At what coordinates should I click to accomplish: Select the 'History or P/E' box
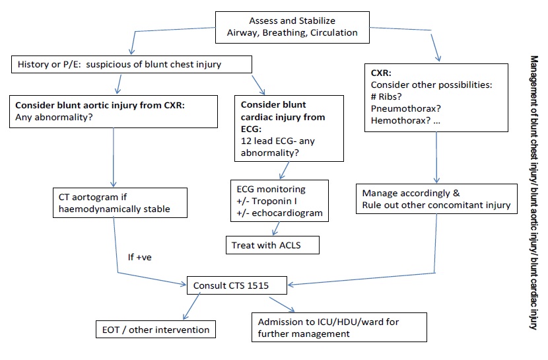coord(131,65)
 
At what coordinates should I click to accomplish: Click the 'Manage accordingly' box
coord(436,199)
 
